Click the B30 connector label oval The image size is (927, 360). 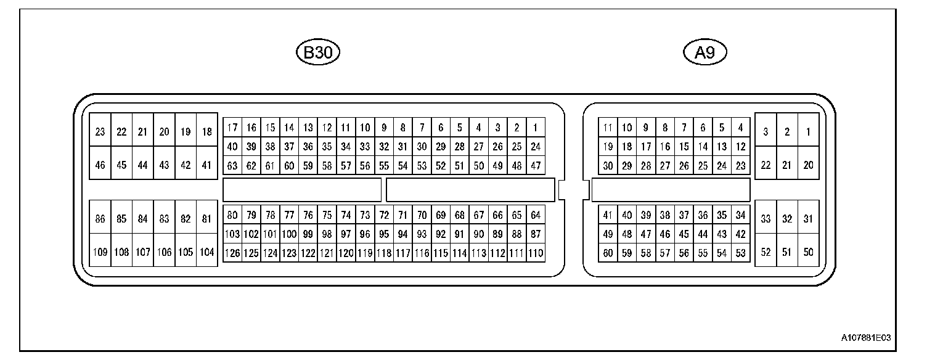(x=318, y=53)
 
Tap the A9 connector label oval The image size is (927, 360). (x=705, y=53)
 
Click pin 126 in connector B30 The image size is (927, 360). (x=232, y=253)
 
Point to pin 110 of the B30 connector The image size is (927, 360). (x=536, y=253)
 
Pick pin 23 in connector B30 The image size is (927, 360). (x=100, y=131)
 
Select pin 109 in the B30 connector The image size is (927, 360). (x=100, y=252)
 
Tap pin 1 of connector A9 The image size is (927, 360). (x=808, y=131)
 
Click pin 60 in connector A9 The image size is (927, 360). (x=608, y=253)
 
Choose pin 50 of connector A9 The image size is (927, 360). (x=808, y=252)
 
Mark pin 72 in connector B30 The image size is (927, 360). (x=384, y=215)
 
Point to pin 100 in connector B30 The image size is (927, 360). (x=289, y=234)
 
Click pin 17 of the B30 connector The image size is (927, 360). (x=232, y=128)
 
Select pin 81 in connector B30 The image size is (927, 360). (x=207, y=218)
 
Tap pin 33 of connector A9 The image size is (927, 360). (x=766, y=218)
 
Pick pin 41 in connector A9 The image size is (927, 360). (x=608, y=215)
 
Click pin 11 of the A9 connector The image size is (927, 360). (x=608, y=128)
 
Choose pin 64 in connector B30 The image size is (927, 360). (x=536, y=215)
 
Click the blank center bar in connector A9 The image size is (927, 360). (x=671, y=190)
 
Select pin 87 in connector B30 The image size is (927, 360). (x=536, y=234)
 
